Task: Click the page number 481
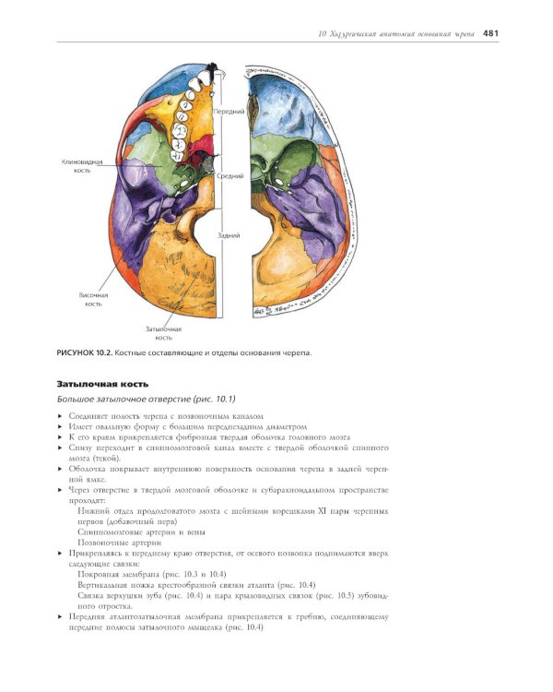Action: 489,34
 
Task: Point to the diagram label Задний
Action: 229,235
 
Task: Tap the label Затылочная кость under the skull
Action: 163,332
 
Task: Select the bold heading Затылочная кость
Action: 102,383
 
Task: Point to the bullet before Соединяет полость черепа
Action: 60,417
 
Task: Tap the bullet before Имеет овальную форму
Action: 60,428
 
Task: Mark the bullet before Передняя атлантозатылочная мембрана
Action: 60,616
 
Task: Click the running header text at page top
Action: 395,34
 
